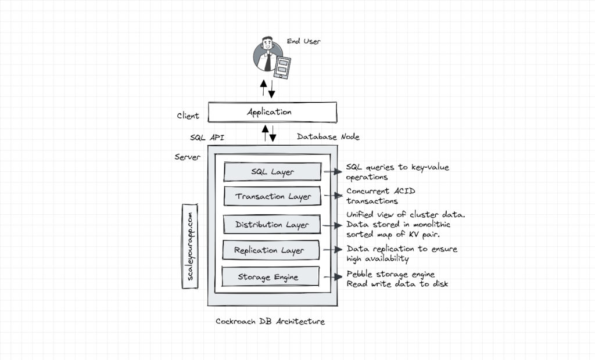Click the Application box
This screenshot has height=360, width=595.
coord(272,112)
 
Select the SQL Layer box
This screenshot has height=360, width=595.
coord(272,172)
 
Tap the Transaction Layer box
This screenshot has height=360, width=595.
coord(272,196)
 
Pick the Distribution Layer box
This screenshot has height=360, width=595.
coord(272,224)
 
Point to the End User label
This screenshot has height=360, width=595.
coord(303,41)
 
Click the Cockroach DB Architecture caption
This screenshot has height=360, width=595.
coord(270,321)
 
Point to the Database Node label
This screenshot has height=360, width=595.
coord(328,137)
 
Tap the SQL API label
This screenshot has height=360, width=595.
coord(207,138)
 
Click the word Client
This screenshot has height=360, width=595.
coord(188,116)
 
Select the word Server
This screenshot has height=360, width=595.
coord(187,157)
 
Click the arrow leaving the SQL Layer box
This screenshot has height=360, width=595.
coord(332,172)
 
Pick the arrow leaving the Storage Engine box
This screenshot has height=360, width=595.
coord(332,277)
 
